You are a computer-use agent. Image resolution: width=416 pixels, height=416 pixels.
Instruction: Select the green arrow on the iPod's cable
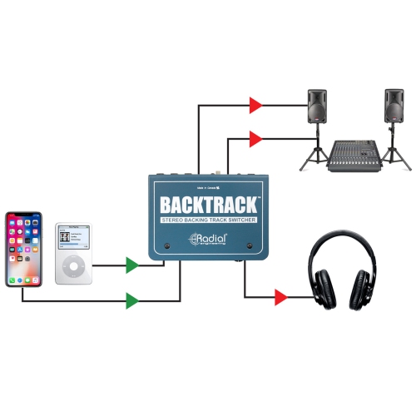click(132, 266)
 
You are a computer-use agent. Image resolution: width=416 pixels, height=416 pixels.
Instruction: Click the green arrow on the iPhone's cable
click(132, 300)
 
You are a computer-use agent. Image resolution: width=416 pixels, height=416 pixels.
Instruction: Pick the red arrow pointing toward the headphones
click(281, 297)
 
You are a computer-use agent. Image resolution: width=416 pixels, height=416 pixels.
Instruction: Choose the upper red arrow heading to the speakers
click(256, 105)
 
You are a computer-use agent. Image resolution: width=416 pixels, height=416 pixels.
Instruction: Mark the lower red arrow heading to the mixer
click(256, 136)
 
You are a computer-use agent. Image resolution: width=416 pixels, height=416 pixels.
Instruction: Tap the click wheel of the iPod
click(73, 267)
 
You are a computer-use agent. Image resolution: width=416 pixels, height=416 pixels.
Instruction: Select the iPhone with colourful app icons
click(23, 249)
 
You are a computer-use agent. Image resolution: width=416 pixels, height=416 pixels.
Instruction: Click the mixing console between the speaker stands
click(356, 154)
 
